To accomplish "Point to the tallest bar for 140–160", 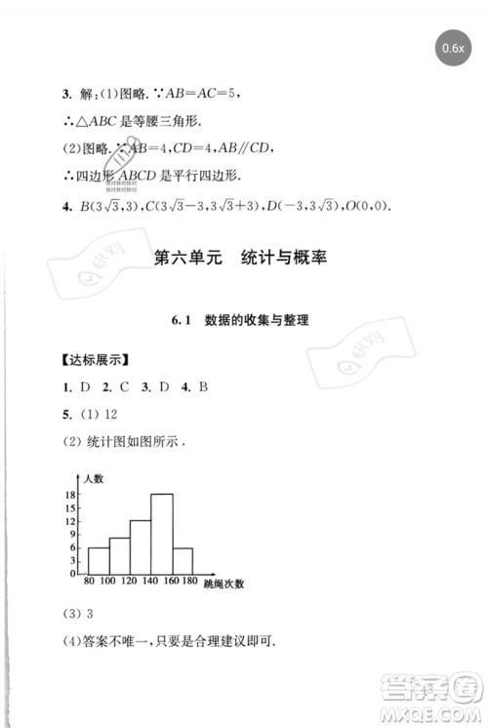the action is (162, 535).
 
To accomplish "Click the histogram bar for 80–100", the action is (98, 560).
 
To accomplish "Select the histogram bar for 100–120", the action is (119, 555).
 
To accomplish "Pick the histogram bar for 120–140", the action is (141, 546).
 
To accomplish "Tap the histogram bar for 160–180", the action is (183, 560).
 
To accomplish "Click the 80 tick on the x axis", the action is (88, 583).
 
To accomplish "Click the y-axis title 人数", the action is (94, 477).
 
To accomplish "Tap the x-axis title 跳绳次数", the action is (224, 584).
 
